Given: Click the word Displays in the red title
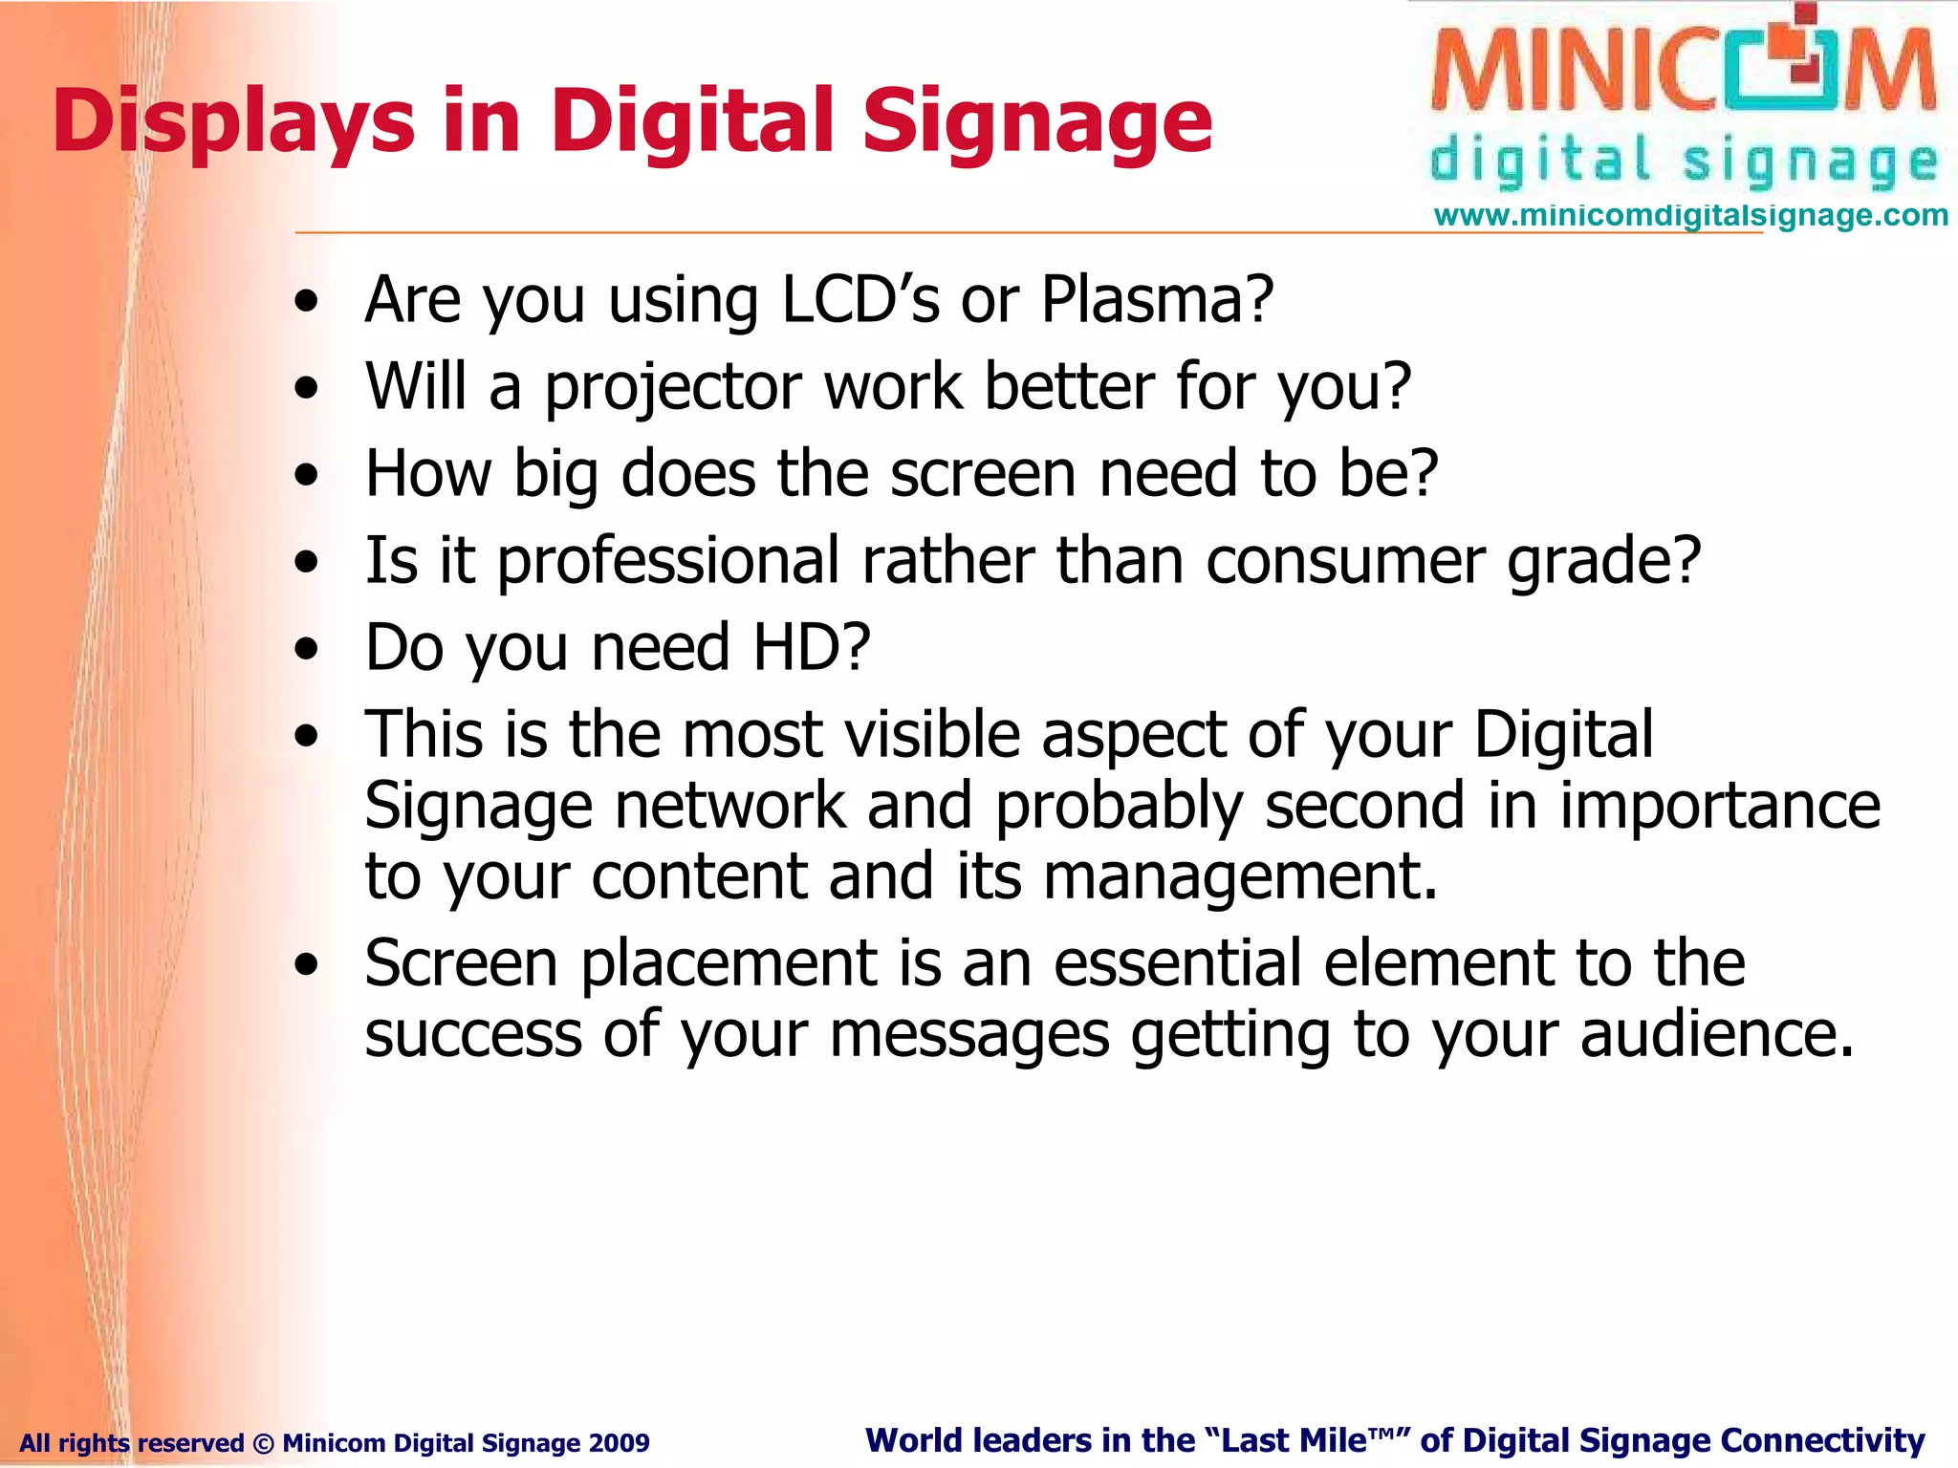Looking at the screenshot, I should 233,122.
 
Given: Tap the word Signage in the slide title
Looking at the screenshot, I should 1037,122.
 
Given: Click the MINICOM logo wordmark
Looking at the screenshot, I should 1683,72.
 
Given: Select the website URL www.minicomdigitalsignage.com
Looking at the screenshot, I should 1690,216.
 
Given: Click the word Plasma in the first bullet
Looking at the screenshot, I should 1157,300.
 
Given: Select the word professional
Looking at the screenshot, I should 668,561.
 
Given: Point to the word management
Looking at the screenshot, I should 1239,876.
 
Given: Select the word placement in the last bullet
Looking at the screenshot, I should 729,962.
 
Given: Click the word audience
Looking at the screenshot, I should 1716,1034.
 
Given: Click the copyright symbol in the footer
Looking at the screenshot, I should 263,1442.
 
